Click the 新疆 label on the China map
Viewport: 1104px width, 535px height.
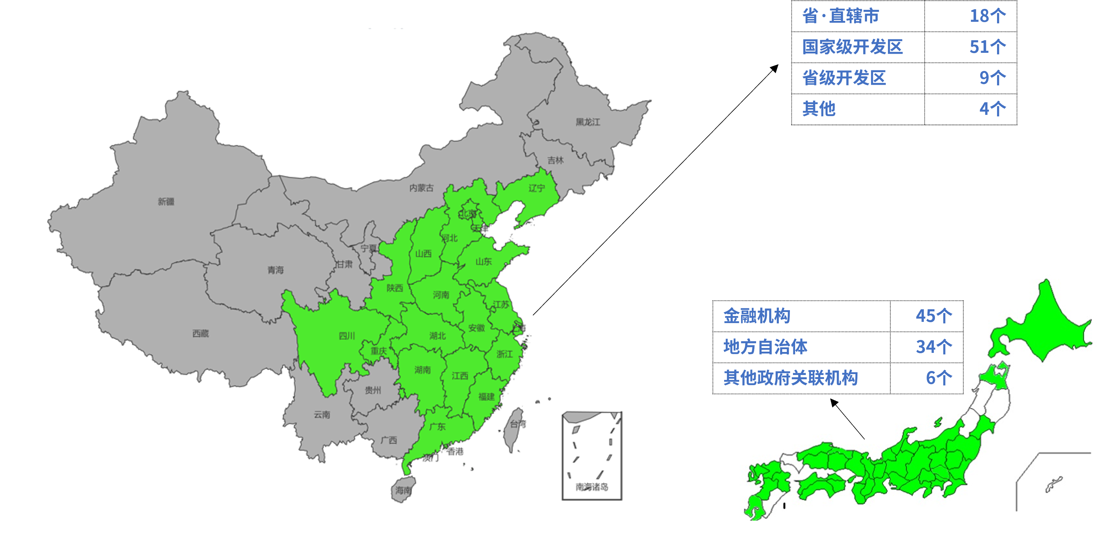166,201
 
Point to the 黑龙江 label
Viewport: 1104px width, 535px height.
588,122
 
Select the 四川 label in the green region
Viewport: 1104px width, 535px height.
347,336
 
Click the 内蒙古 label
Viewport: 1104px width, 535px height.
421,188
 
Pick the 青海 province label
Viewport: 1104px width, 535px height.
276,270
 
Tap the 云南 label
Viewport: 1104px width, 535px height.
322,414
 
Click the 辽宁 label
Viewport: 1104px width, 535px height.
536,188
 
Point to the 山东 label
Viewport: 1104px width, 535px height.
483,261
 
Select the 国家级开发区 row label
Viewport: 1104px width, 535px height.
852,47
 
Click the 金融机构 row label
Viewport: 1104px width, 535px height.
757,316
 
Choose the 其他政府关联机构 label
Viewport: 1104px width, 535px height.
791,378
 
